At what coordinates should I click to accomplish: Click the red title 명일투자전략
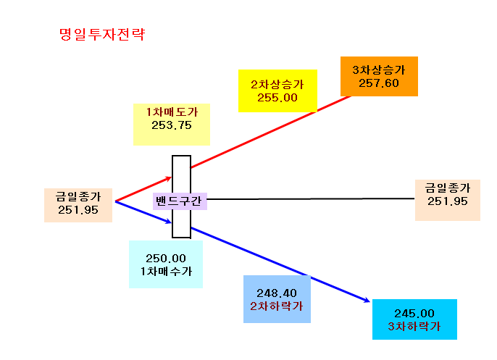(102, 34)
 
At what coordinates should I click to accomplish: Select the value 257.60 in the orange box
(379, 83)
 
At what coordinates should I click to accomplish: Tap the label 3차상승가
(379, 70)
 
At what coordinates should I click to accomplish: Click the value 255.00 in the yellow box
(277, 98)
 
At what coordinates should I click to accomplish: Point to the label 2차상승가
(277, 84)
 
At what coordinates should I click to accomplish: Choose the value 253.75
(172, 125)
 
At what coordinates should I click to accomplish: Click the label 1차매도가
(172, 112)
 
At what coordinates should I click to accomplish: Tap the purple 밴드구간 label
(180, 201)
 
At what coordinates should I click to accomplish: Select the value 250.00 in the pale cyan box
(166, 259)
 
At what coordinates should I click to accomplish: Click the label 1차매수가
(166, 271)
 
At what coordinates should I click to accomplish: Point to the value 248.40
(277, 293)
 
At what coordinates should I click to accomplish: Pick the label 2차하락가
(277, 306)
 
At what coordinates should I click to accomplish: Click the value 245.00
(414, 314)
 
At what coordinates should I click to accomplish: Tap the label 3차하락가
(414, 327)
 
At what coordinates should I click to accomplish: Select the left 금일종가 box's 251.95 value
(78, 210)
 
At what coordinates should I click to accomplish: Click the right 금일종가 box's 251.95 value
(448, 201)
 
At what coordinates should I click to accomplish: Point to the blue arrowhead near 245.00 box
(367, 300)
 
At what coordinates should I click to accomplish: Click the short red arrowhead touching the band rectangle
(169, 179)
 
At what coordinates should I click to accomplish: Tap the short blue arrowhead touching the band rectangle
(169, 221)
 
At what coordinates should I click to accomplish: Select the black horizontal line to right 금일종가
(311, 199)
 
